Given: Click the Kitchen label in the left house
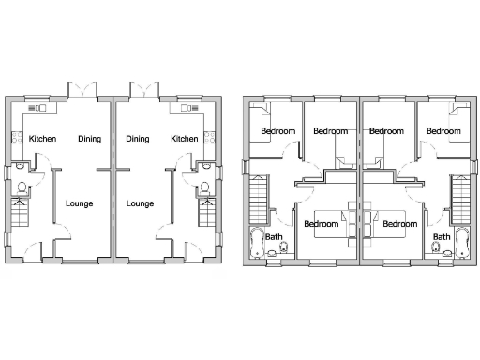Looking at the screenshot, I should pyautogui.click(x=42, y=139).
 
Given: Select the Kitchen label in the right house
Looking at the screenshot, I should pyautogui.click(x=185, y=139).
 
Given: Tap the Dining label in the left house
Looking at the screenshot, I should pyautogui.click(x=90, y=139).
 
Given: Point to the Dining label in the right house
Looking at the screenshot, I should pyautogui.click(x=138, y=139).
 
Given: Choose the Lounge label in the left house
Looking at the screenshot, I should pyautogui.click(x=79, y=202).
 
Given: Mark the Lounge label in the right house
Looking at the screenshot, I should pyautogui.click(x=140, y=202).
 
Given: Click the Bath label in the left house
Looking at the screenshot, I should pyautogui.click(x=274, y=237).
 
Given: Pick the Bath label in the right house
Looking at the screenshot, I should pyautogui.click(x=441, y=237).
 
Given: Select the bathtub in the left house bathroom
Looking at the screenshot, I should pyautogui.click(x=256, y=243).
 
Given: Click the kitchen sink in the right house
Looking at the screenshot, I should pyautogui.click(x=178, y=109).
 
